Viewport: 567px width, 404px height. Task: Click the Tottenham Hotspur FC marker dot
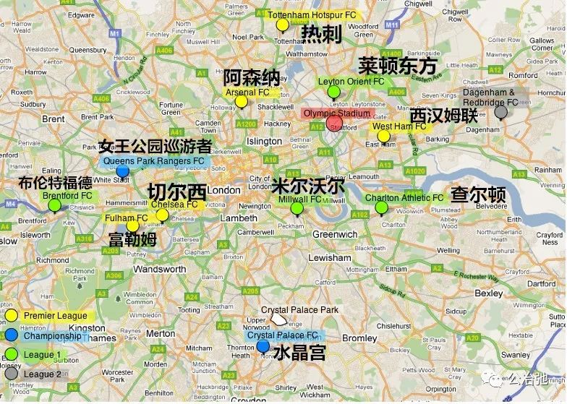pos(283,25)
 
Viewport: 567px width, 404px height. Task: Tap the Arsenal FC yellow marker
pos(241,102)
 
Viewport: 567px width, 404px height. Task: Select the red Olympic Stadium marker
pos(334,123)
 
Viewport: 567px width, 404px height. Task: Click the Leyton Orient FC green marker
pos(333,92)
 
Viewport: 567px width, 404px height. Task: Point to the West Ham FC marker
pos(383,136)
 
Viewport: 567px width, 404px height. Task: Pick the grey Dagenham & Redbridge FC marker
pos(500,112)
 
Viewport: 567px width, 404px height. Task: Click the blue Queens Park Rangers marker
pos(123,171)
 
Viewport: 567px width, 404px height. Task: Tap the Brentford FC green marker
pos(54,205)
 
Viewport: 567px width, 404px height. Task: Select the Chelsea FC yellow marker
pos(163,215)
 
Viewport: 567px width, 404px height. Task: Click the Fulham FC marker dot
pos(132,225)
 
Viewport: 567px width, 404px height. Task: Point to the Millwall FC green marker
pos(297,209)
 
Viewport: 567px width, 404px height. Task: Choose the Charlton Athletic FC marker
pos(381,208)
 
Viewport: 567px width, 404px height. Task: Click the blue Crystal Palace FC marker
pos(263,346)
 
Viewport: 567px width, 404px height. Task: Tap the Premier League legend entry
pos(55,316)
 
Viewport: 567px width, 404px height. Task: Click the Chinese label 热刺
pos(321,34)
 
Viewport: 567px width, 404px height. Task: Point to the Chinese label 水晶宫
pos(299,353)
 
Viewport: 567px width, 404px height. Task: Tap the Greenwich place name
pos(335,234)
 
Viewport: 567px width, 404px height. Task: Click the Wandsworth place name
pos(159,269)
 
